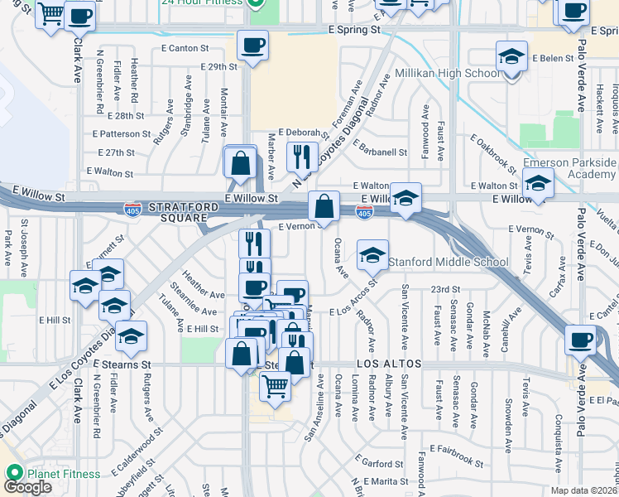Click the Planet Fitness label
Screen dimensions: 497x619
coord(63,474)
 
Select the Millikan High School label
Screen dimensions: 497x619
coord(448,73)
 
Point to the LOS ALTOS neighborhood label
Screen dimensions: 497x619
coord(390,364)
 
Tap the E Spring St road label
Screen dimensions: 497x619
coord(353,29)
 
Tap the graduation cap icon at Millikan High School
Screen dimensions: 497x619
coord(512,58)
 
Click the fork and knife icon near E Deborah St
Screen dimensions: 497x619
coord(301,156)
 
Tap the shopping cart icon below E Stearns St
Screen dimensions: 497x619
coord(275,385)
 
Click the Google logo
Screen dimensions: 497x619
coord(27,487)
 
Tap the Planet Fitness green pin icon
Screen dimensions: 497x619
coord(14,473)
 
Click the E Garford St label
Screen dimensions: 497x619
coord(378,461)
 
